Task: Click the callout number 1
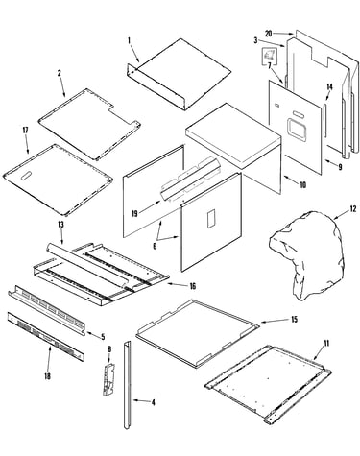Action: click(130, 40)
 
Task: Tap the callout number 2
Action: click(59, 73)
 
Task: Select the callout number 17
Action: click(25, 131)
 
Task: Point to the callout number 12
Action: click(352, 209)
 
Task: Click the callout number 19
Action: click(134, 213)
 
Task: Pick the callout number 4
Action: click(153, 402)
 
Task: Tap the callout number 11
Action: click(326, 344)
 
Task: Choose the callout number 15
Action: click(295, 319)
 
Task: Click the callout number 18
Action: click(47, 376)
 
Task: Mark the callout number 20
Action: click(269, 34)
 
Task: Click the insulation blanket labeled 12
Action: click(306, 254)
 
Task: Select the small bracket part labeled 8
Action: click(108, 380)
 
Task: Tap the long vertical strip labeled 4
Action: click(128, 385)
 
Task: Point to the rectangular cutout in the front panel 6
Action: click(210, 219)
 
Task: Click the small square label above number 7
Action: click(268, 55)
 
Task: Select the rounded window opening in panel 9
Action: click(297, 129)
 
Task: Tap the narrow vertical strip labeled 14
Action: click(324, 120)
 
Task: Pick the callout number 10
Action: click(302, 185)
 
